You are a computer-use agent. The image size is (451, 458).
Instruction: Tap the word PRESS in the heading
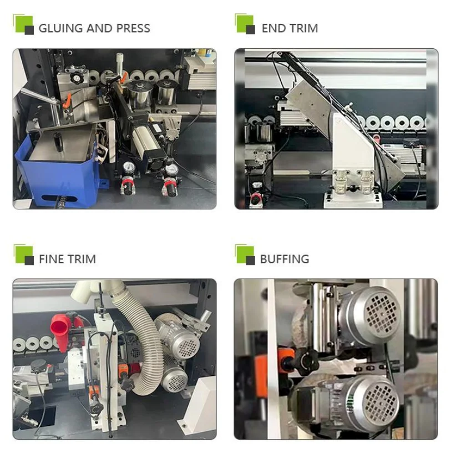coord(133,28)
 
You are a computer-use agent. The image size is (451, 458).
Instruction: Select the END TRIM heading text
coord(290,28)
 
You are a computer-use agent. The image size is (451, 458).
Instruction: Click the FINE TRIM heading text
coord(67,259)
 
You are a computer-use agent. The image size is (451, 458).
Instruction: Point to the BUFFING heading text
coord(285,259)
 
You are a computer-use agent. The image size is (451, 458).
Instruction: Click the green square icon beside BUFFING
coord(245,254)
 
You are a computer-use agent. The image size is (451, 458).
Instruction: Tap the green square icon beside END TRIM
coord(245,24)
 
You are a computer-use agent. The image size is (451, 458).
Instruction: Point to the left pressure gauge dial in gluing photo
coord(129,167)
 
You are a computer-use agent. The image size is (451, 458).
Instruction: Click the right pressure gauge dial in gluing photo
coord(171,169)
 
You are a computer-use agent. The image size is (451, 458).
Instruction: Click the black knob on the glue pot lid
coord(59,142)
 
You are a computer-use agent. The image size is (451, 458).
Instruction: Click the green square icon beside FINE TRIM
coord(23,254)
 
